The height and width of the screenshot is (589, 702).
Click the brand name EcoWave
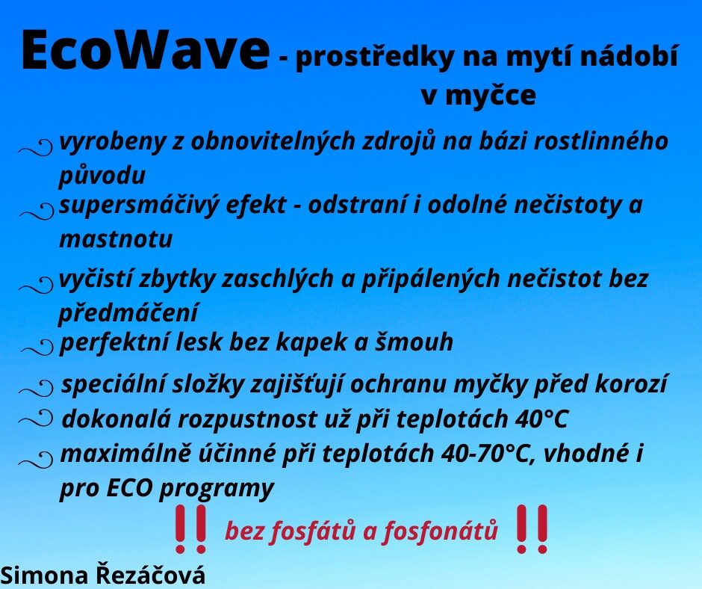coord(145,51)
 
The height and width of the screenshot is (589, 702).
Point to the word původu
coord(102,175)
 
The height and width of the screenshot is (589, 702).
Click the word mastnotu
coord(116,239)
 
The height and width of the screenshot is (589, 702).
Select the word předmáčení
coord(128,312)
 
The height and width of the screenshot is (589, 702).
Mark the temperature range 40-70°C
coord(488,453)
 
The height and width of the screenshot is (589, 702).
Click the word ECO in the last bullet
coord(129,488)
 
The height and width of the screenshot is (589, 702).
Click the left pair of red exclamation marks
coord(190,528)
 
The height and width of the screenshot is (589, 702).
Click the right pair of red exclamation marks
coord(532,528)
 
